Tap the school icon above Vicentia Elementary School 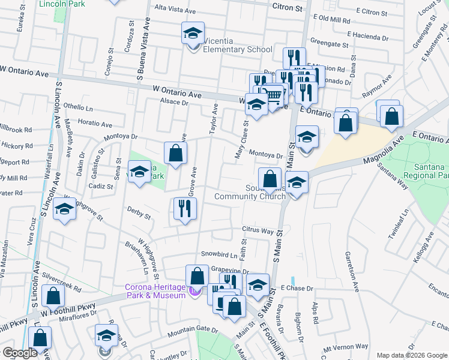[x=193, y=33]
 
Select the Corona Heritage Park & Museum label [x=155, y=291]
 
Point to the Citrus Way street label [x=258, y=230]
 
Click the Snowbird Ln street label [x=215, y=254]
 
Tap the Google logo [x=20, y=353]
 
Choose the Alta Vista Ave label [x=175, y=8]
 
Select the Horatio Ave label [x=95, y=124]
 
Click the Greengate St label [x=330, y=44]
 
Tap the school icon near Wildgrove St [x=64, y=209]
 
